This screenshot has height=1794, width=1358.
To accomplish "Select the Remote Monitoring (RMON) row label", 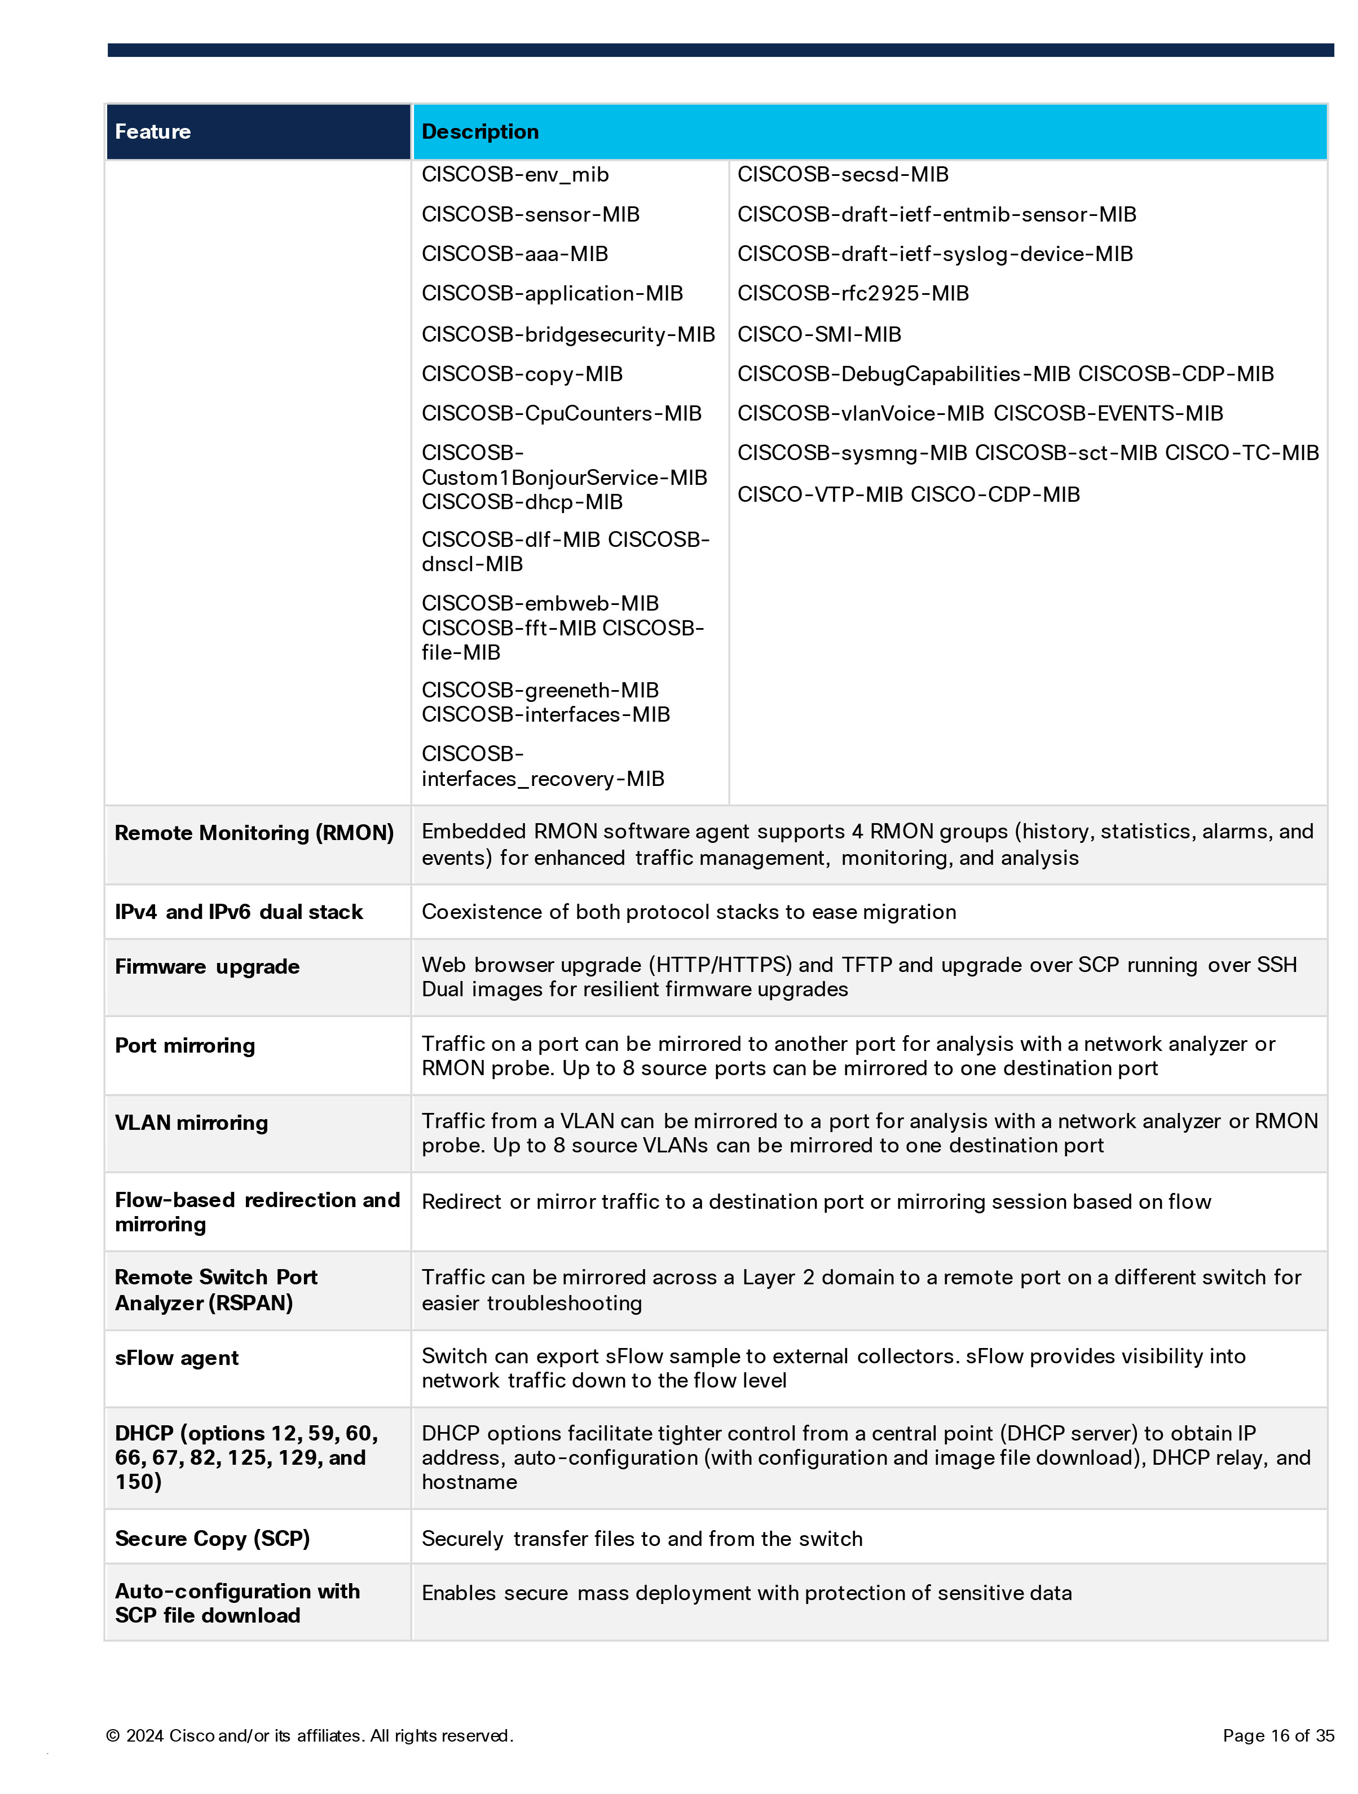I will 254,833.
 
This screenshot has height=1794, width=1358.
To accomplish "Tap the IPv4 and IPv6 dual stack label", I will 239,912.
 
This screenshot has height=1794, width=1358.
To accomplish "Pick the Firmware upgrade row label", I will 207,967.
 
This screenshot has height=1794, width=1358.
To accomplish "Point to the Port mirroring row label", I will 185,1045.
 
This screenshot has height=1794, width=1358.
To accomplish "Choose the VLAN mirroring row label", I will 191,1123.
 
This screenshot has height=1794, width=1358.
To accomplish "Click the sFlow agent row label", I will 177,1358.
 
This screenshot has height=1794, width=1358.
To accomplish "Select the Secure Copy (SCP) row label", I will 213,1539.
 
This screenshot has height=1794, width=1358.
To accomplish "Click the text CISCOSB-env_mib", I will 515,174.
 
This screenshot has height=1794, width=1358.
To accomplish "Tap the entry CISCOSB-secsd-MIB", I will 843,174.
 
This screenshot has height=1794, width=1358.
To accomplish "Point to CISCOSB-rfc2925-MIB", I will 853,294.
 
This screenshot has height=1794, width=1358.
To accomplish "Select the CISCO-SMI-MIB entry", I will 819,334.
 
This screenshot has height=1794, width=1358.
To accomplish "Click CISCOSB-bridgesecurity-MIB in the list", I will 568,334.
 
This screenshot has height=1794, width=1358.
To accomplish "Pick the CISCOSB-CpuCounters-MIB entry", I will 561,414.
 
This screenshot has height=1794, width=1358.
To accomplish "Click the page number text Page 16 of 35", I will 1278,1735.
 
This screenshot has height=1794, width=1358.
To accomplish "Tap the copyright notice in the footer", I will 309,1735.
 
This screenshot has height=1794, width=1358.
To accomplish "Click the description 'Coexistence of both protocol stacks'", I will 689,912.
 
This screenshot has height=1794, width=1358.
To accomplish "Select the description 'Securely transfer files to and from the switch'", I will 642,1539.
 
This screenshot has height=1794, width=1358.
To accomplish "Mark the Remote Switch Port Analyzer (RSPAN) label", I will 216,1289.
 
